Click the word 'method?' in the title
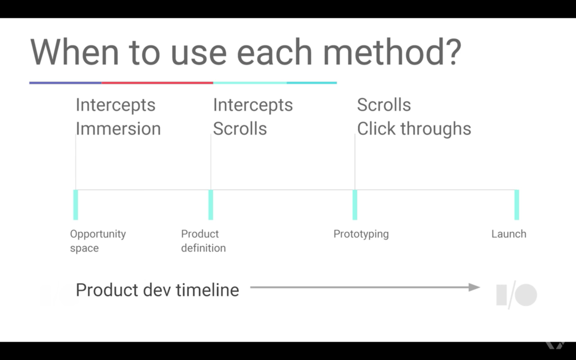pyautogui.click(x=392, y=52)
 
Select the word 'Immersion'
pyautogui.click(x=118, y=128)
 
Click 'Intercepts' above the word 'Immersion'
pyautogui.click(x=116, y=105)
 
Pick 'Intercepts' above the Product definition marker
pyautogui.click(x=253, y=105)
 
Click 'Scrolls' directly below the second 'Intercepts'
pyautogui.click(x=240, y=128)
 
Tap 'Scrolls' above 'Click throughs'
pyautogui.click(x=384, y=105)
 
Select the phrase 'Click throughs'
pyautogui.click(x=414, y=128)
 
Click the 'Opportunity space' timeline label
pyautogui.click(x=98, y=241)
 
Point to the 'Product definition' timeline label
pyautogui.click(x=203, y=241)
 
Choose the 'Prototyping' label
pyautogui.click(x=361, y=234)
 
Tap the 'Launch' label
pyautogui.click(x=509, y=234)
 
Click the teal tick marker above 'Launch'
pyautogui.click(x=517, y=205)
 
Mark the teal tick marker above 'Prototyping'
pyautogui.click(x=355, y=205)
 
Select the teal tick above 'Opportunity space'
pyautogui.click(x=76, y=205)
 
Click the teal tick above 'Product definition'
pyautogui.click(x=210, y=205)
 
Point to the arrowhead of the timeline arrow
pyautogui.click(x=474, y=287)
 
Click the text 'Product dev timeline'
pyautogui.click(x=157, y=290)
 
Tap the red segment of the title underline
pyautogui.click(x=157, y=83)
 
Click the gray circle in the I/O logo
pyautogui.click(x=526, y=295)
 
